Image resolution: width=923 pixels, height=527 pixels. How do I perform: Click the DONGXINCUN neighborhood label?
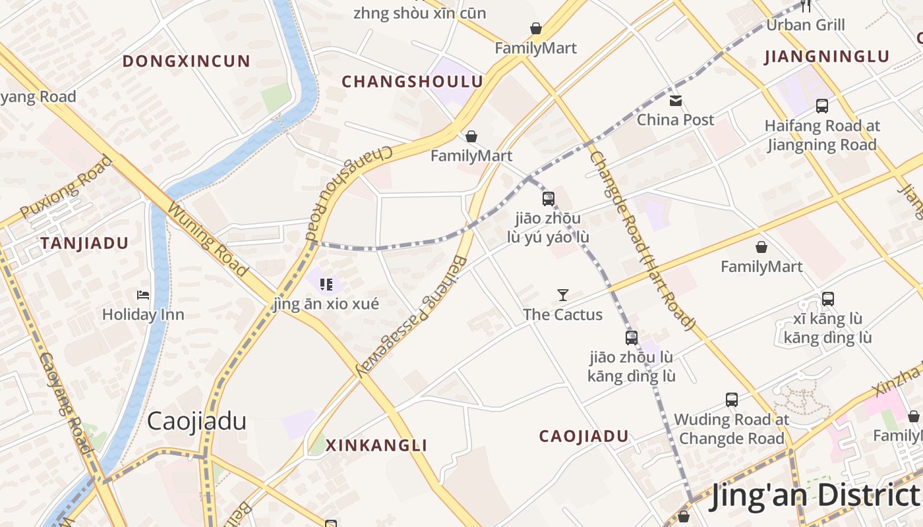pos(187,61)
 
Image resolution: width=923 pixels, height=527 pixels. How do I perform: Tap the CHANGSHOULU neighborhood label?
pos(412,82)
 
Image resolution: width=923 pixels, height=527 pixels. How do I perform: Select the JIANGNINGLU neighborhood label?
pos(827,57)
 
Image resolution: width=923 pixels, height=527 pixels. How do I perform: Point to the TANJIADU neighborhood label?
pos(84,243)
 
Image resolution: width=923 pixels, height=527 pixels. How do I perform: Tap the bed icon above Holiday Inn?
pos(143,295)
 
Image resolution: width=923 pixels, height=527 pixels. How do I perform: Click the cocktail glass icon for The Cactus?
pos(563,294)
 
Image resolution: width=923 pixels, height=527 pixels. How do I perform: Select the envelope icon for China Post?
pos(676,101)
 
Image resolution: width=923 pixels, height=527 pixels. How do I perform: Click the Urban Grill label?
pos(805,25)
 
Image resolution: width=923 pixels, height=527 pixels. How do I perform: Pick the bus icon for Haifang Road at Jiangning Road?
pos(821,105)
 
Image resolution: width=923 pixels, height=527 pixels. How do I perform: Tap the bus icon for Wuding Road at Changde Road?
pos(731,399)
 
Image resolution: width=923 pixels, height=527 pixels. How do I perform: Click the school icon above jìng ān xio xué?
pos(326,284)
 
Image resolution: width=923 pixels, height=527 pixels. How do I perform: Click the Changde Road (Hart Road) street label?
pos(642,240)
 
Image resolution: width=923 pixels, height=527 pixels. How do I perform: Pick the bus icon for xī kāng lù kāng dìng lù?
pos(828,298)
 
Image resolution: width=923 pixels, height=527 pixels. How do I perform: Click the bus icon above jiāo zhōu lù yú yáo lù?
pos(548,198)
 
